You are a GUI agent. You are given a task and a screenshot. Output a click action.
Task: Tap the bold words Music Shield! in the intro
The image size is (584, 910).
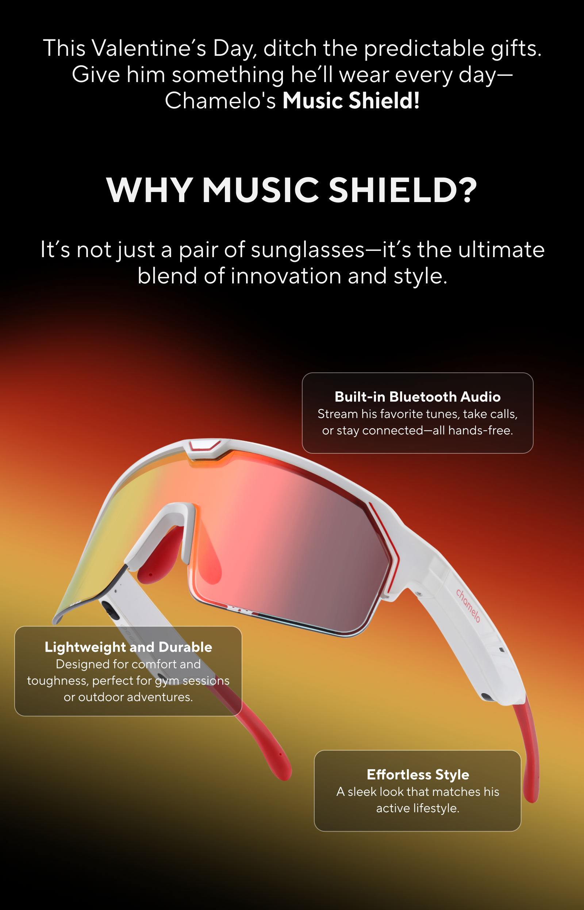pos(351,101)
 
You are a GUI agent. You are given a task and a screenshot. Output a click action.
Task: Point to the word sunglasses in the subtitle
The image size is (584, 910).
pos(308,251)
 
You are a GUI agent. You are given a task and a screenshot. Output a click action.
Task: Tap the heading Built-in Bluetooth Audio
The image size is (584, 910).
pos(418,397)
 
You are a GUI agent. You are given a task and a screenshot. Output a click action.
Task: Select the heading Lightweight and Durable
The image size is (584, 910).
pos(128,647)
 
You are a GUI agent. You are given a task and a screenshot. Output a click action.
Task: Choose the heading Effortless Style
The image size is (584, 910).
pos(418,775)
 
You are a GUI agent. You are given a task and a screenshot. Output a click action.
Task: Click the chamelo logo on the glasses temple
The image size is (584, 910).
pos(468,605)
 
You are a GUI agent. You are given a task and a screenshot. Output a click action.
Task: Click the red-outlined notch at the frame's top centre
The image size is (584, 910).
pos(205,445)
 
